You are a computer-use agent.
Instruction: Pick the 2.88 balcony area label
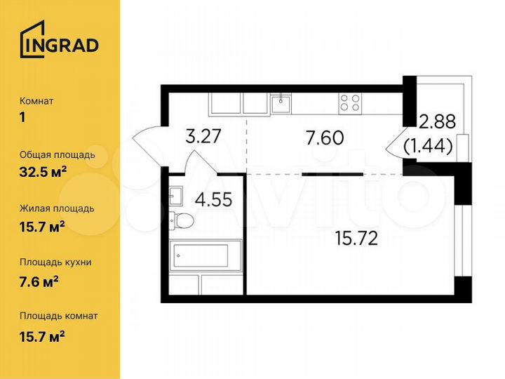437,121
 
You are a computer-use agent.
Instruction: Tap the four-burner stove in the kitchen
350,103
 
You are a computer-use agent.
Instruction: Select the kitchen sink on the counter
281,104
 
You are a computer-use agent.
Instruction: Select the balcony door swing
397,145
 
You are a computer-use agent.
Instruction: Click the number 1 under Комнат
22,118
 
